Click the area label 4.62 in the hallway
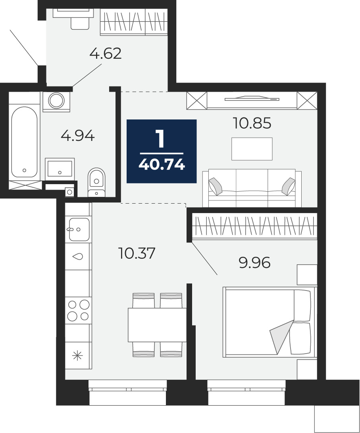pyautogui.click(x=106, y=54)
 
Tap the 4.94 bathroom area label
pyautogui.click(x=78, y=136)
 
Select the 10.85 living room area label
pyautogui.click(x=252, y=123)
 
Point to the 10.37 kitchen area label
pyautogui.click(x=137, y=253)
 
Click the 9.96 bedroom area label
pyautogui.click(x=254, y=263)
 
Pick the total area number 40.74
pyautogui.click(x=162, y=165)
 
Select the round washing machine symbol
pyautogui.click(x=56, y=101)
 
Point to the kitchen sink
pyautogui.click(x=79, y=229)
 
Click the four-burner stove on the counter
pyautogui.click(x=78, y=310)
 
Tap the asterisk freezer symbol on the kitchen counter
pyautogui.click(x=77, y=355)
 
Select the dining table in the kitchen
pyautogui.click(x=157, y=325)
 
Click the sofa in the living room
pyautogui.click(x=252, y=188)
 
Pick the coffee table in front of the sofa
pyautogui.click(x=252, y=149)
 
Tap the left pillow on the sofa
pyautogui.click(x=216, y=186)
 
